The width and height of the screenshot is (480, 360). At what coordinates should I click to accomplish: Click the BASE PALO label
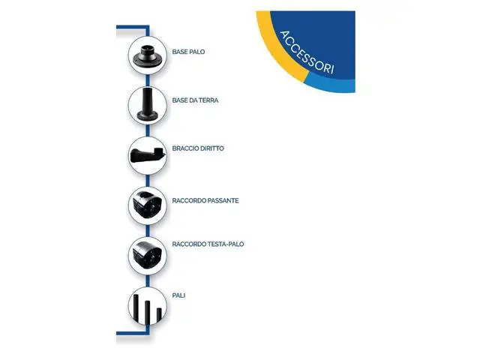coord(188,52)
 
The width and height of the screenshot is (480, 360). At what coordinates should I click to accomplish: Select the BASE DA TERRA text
coord(195,100)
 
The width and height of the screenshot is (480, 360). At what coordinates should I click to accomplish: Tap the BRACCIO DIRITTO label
coord(198,148)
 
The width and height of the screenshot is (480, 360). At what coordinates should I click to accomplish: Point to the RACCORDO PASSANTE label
coord(205,200)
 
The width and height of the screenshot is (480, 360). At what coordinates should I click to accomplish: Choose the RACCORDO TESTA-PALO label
coord(208,244)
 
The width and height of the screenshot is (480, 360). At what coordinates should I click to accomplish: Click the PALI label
coord(178,295)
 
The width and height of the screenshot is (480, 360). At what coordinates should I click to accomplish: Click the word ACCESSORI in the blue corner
coord(307,52)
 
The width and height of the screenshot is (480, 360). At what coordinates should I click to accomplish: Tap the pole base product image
coord(147,55)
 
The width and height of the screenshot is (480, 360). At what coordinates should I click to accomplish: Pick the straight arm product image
coord(148,155)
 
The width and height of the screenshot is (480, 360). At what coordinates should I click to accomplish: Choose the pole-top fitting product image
coord(147,255)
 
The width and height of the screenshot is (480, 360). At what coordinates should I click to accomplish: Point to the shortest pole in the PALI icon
coord(159,315)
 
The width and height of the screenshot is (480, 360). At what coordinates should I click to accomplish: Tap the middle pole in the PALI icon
coord(147,312)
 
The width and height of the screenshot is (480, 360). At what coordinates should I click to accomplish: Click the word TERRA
coord(208,100)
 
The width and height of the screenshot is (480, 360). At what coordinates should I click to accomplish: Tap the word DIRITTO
coord(211,148)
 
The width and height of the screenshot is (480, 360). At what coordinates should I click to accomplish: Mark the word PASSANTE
coord(223,200)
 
